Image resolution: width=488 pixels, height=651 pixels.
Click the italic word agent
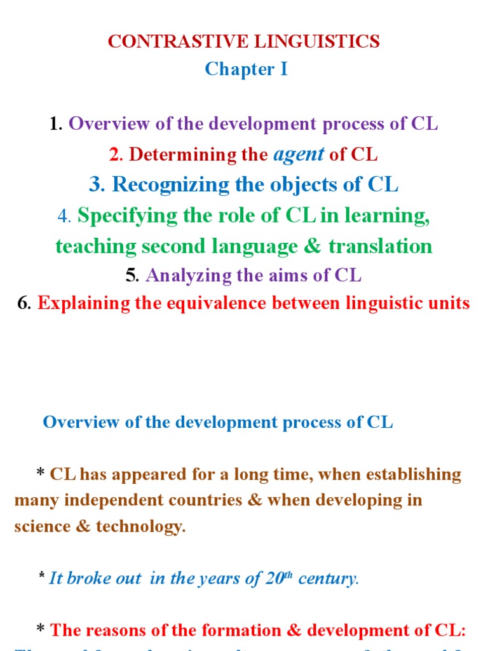coord(298,154)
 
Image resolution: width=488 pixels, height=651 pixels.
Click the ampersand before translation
coord(313,246)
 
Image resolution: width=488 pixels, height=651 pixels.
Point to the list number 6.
coord(24,303)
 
